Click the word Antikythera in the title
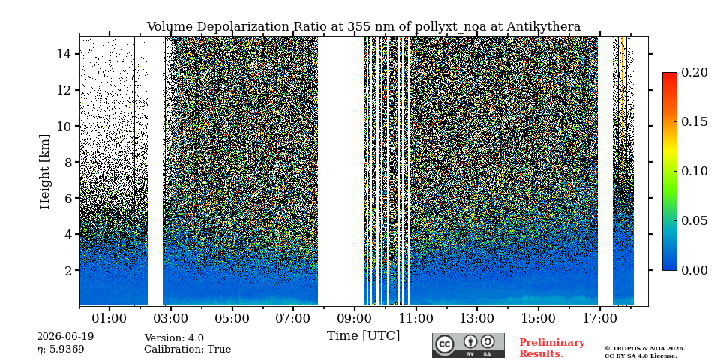click(x=544, y=27)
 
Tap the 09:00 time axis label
click(x=354, y=318)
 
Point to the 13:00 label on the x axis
click(x=477, y=318)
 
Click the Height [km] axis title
click(x=44, y=172)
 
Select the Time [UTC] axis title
click(x=363, y=336)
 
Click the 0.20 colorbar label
click(x=694, y=72)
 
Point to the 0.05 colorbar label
click(x=694, y=220)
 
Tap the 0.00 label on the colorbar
click(x=694, y=270)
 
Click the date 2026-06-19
click(x=65, y=337)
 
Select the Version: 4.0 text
click(x=174, y=338)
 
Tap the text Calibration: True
click(x=187, y=349)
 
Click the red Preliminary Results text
click(x=552, y=348)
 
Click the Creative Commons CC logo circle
click(x=445, y=344)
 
